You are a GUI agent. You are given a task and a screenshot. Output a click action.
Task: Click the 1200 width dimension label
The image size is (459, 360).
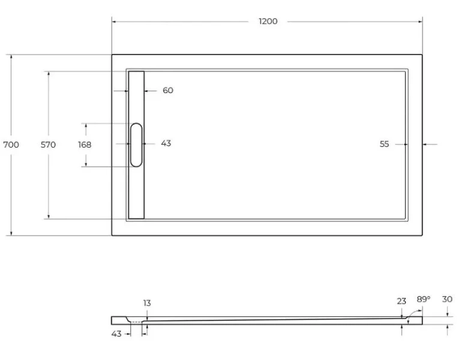[x=268, y=22]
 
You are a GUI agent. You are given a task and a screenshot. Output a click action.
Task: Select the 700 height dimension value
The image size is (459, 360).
[x=11, y=145]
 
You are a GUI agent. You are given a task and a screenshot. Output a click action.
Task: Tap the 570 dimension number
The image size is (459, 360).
[x=49, y=145]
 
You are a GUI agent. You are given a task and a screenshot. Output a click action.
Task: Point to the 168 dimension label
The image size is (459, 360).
[x=85, y=145]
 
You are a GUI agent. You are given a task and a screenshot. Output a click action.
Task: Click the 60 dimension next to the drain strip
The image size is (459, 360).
[x=167, y=91]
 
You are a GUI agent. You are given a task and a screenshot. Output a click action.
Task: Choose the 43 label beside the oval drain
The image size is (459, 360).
[x=166, y=143]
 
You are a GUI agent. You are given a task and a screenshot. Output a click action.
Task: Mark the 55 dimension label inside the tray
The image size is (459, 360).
[x=384, y=144]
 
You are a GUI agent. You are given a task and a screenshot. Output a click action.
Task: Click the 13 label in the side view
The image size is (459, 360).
[x=147, y=304]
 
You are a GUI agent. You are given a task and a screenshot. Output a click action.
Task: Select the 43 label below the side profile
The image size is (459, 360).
[x=116, y=333]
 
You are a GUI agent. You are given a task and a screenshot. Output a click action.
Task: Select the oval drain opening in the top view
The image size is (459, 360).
[x=136, y=145]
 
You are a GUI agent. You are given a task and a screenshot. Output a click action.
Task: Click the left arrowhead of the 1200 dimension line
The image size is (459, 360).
[x=114, y=22]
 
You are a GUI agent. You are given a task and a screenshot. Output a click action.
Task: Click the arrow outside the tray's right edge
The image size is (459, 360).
[x=426, y=144]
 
